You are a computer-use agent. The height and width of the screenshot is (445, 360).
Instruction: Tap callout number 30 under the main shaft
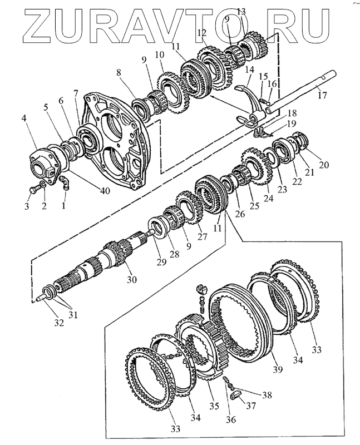point(131,279)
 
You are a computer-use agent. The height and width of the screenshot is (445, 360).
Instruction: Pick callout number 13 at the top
point(241,11)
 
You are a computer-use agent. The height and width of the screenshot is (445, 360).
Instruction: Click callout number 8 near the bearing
point(119,72)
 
